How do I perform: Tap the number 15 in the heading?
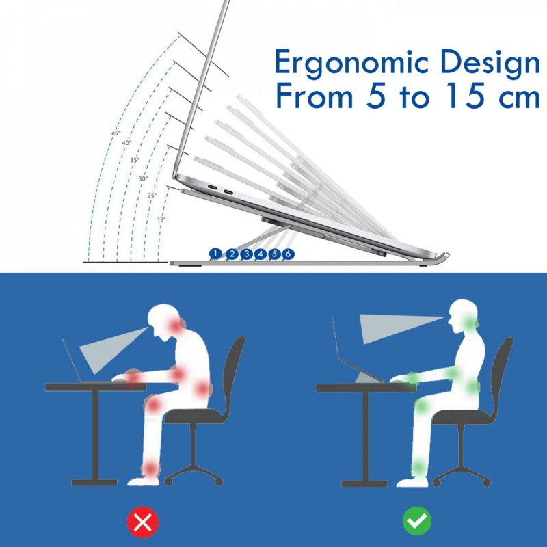click(454, 97)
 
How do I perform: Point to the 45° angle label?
click(116, 133)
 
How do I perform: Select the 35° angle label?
click(135, 160)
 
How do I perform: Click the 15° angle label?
click(161, 219)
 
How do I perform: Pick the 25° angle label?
click(152, 195)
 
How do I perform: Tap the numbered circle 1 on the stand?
click(216, 254)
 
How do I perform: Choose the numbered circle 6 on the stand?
click(289, 254)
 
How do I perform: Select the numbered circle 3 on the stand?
click(246, 254)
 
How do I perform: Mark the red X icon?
click(142, 522)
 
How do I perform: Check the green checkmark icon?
click(416, 522)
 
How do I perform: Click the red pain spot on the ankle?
click(150, 468)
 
